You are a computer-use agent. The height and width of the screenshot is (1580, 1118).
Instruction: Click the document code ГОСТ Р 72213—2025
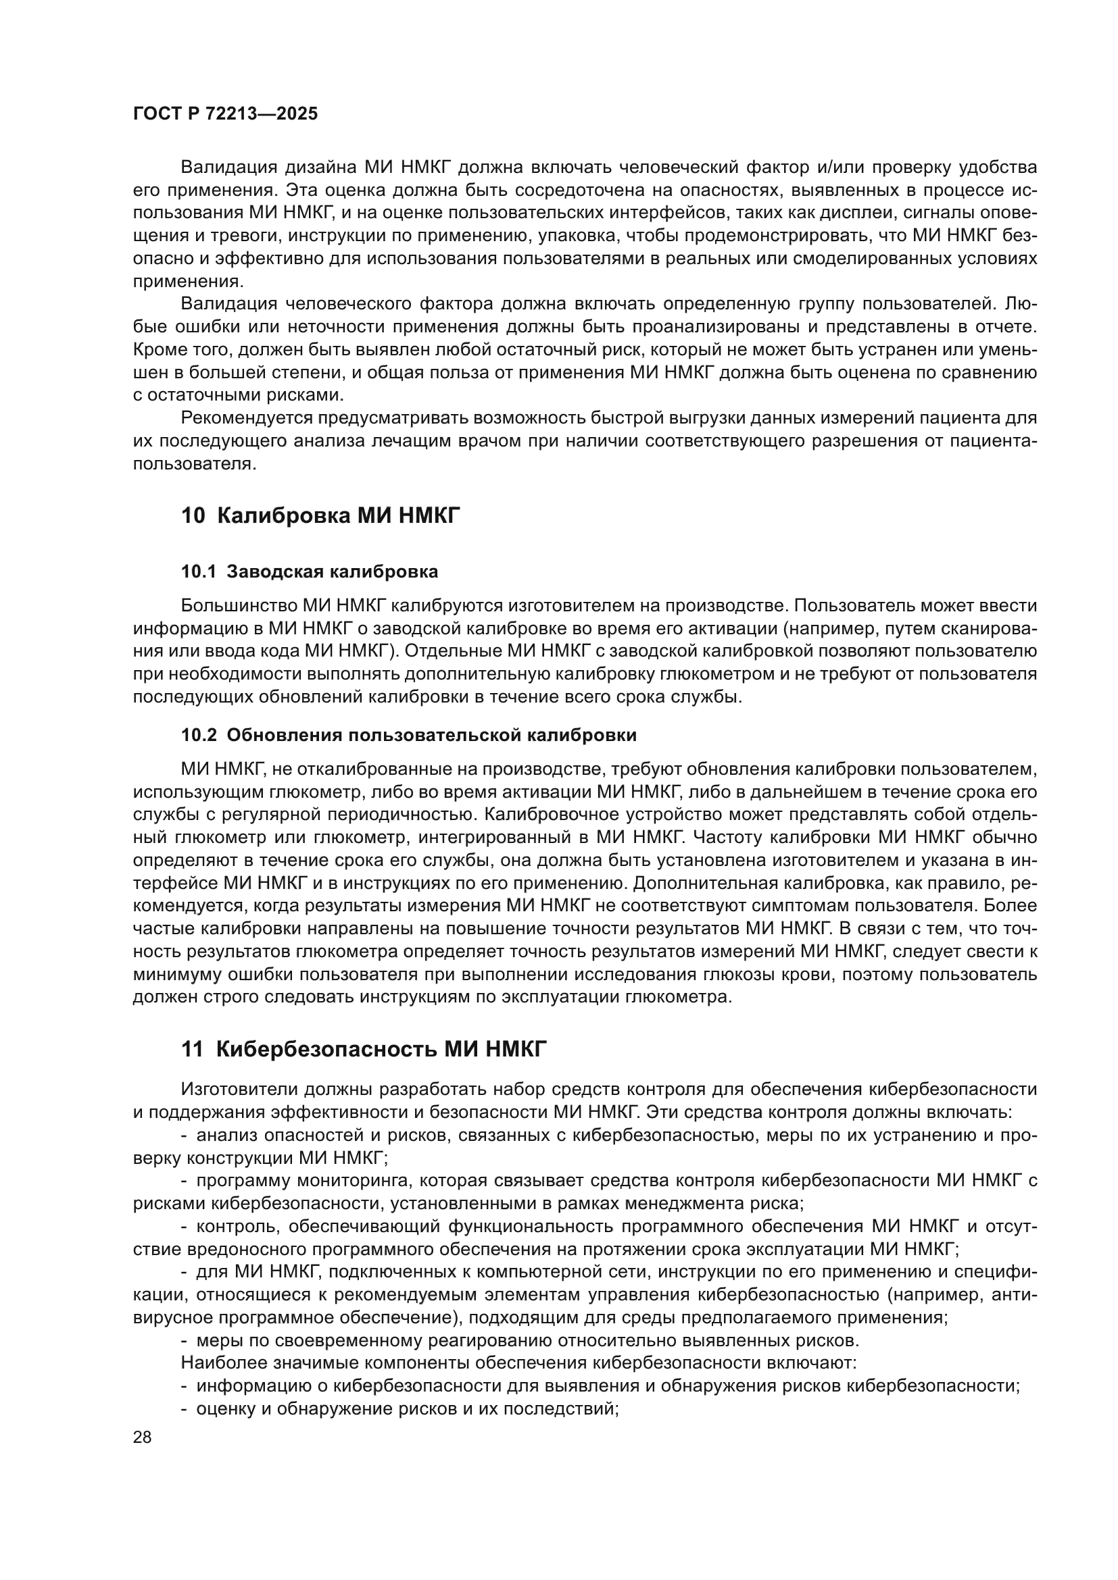225,114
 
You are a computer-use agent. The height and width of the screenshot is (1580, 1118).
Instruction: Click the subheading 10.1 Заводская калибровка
309,572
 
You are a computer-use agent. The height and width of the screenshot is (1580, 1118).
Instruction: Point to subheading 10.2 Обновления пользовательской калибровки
408,736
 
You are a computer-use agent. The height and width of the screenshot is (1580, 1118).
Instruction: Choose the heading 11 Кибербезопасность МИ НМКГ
364,1050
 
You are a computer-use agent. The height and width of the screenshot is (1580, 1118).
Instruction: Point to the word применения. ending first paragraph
188,282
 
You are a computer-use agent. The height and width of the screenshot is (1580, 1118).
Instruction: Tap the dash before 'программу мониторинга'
185,1181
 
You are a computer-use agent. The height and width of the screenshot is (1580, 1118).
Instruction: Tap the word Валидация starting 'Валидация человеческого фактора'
228,304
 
